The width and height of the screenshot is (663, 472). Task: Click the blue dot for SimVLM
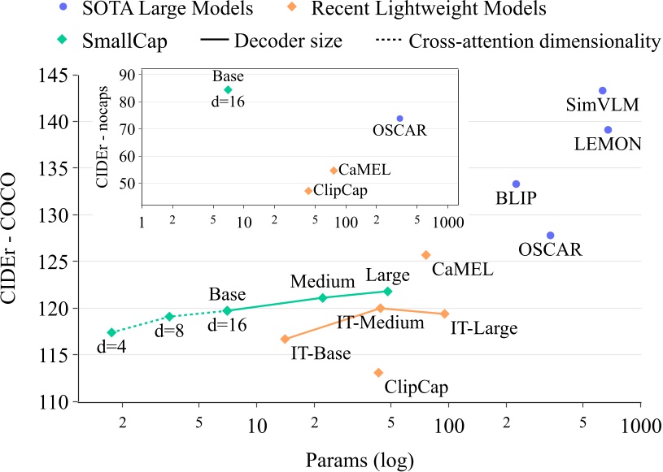pyautogui.click(x=603, y=91)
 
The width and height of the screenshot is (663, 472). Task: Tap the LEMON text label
pyautogui.click(x=608, y=145)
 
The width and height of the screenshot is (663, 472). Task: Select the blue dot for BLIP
pyautogui.click(x=516, y=184)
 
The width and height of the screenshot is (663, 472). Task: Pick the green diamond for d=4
pyautogui.click(x=111, y=332)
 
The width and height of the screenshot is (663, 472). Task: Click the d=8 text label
pyautogui.click(x=169, y=333)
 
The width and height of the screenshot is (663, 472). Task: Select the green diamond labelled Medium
pyautogui.click(x=323, y=297)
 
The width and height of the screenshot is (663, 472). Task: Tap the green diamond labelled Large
pyautogui.click(x=388, y=291)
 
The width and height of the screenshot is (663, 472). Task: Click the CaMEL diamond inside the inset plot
pyautogui.click(x=334, y=171)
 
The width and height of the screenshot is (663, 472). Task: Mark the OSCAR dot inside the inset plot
pyautogui.click(x=399, y=119)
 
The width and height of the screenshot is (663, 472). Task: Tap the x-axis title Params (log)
pyautogui.click(x=360, y=460)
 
